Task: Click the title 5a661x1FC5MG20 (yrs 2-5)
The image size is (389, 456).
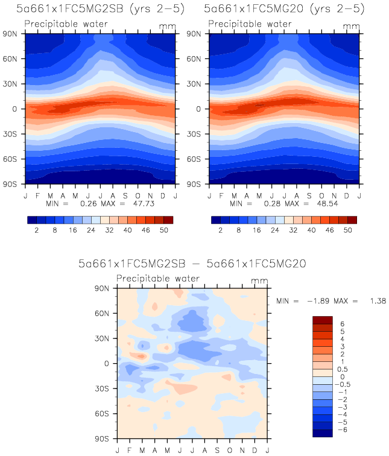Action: [x=283, y=9]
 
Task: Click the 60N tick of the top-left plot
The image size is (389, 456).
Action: [x=13, y=59]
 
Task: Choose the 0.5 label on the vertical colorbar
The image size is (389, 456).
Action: [x=342, y=369]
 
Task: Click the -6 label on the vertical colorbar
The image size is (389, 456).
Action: [x=342, y=429]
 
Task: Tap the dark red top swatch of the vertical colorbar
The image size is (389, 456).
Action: [x=323, y=320]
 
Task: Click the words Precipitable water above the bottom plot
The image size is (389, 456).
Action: [x=158, y=279]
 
